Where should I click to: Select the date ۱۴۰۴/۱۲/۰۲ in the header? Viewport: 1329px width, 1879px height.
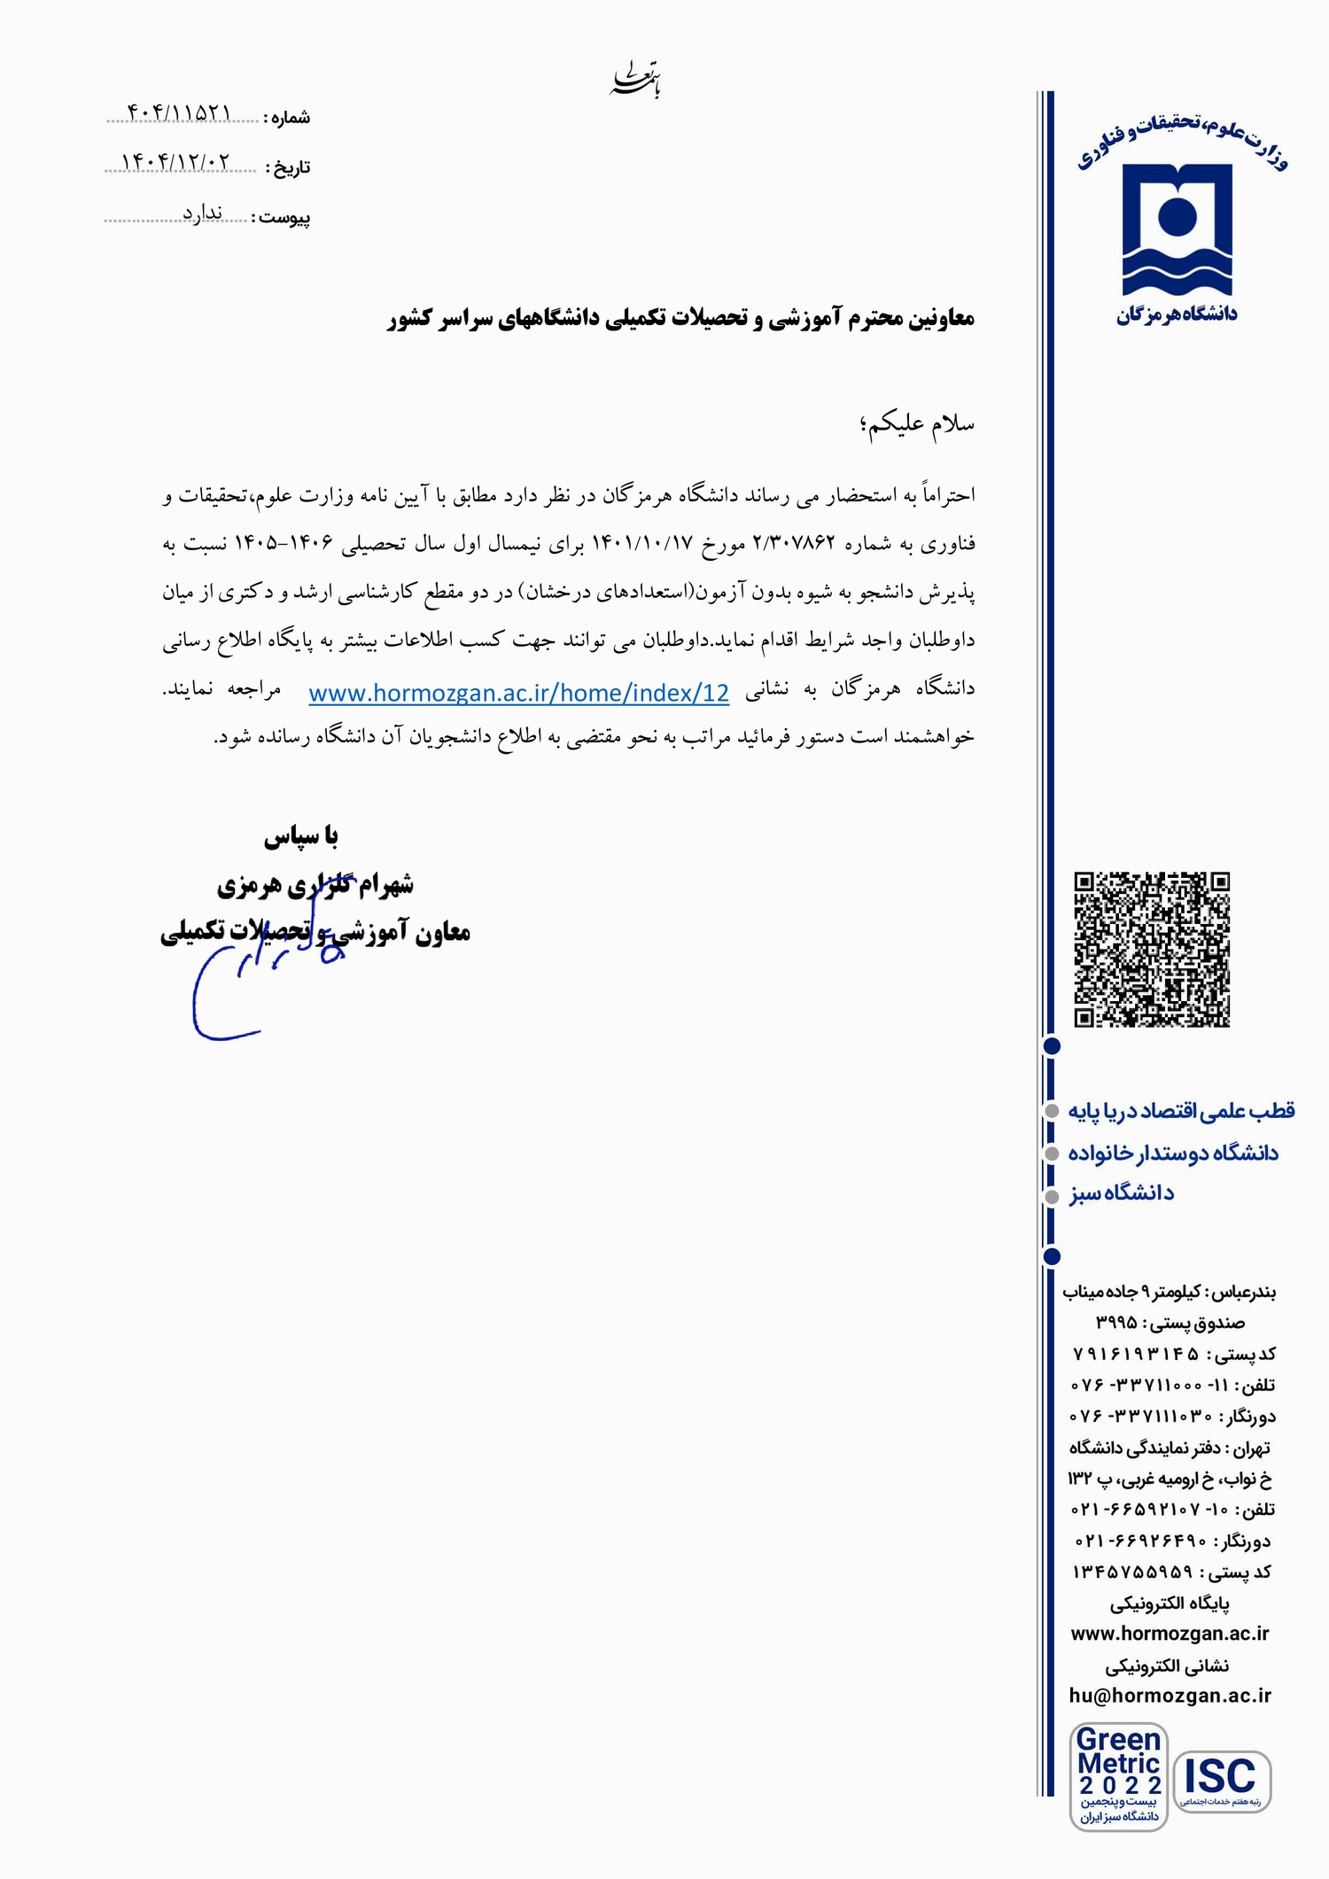[x=175, y=162]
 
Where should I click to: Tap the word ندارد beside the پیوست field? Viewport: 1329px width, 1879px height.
[x=202, y=213]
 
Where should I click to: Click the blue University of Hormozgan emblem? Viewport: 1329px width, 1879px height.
[x=1177, y=229]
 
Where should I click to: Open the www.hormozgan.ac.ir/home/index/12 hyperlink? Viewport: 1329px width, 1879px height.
[x=518, y=693]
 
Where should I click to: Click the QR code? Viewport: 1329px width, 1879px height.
[x=1152, y=950]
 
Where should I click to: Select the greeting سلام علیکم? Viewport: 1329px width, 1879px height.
[x=917, y=424]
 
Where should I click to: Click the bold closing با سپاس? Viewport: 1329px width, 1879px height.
[x=301, y=836]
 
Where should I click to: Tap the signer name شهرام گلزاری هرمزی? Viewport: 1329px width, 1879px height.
[x=315, y=884]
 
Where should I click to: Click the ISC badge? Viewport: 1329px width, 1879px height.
[x=1222, y=1780]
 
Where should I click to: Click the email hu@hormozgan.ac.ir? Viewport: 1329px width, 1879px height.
[x=1170, y=1696]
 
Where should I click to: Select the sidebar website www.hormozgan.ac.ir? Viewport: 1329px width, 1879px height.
[x=1170, y=1634]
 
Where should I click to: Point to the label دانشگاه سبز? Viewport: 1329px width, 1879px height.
[x=1121, y=1193]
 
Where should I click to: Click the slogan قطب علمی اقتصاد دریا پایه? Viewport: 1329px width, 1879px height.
[x=1181, y=1111]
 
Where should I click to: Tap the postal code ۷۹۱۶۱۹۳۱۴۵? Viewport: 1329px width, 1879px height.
[x=1136, y=1354]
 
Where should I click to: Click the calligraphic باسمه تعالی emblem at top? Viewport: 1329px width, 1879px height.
[x=636, y=81]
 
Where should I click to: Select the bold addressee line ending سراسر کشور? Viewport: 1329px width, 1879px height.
[x=680, y=319]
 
